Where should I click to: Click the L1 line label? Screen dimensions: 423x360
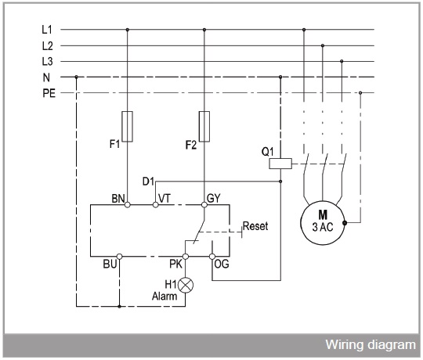coord(47,30)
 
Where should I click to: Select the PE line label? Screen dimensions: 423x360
coord(49,93)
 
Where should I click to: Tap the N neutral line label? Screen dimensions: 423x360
coord(46,77)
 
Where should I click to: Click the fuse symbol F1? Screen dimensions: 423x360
coord(128,126)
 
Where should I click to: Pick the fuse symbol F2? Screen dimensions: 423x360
coord(204,126)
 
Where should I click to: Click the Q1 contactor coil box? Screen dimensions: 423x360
coord(280,164)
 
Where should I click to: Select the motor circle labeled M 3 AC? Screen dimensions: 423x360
coord(323,222)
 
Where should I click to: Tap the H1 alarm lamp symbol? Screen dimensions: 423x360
coord(186,285)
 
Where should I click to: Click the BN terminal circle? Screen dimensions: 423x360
coord(128,205)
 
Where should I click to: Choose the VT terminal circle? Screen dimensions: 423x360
coord(155,205)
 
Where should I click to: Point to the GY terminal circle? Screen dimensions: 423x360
coord(204,205)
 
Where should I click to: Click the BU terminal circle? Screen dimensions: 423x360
coord(119,257)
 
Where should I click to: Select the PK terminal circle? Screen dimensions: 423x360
coord(186,257)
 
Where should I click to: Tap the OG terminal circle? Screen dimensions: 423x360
coord(212,257)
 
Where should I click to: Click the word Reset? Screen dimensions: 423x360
coord(255,226)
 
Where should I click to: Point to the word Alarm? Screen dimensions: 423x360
coord(164,296)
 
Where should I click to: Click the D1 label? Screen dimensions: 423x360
coord(148,182)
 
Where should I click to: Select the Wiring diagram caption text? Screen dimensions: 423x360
coord(371,345)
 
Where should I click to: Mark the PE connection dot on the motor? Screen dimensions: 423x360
coord(345,223)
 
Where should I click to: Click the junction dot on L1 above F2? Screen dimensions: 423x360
coord(204,30)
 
